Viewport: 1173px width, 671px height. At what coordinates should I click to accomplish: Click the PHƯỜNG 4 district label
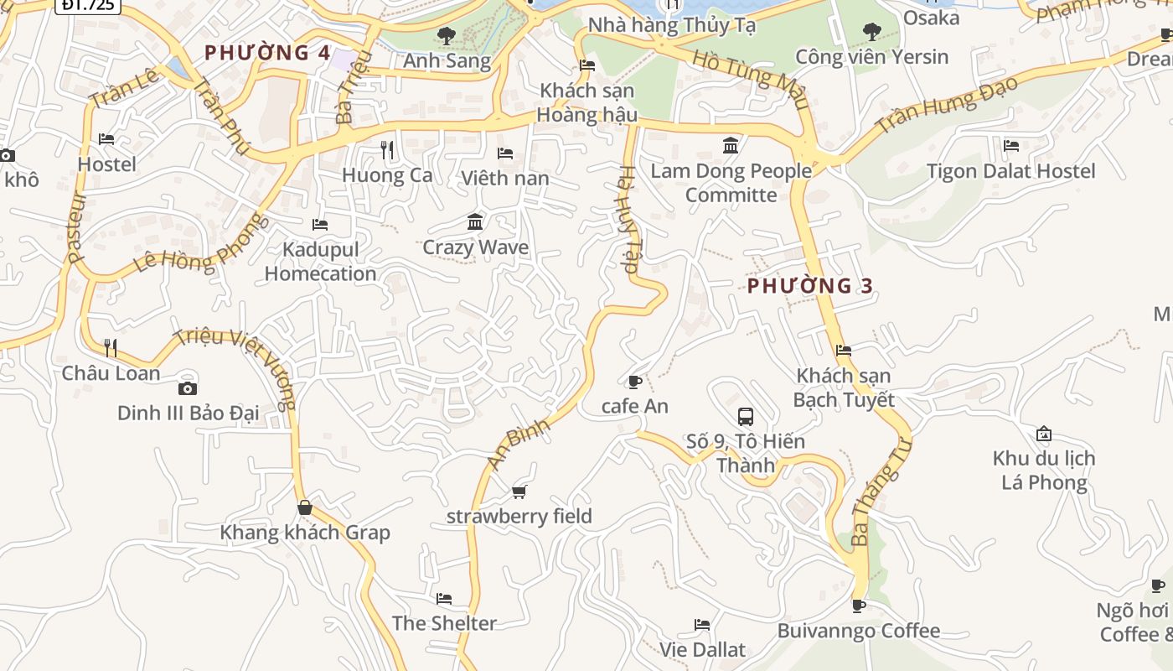point(267,53)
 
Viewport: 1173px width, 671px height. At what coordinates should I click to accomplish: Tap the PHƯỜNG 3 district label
point(810,286)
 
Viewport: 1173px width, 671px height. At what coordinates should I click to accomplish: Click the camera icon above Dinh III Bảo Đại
point(188,388)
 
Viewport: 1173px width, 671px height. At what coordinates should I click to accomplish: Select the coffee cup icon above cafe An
point(635,382)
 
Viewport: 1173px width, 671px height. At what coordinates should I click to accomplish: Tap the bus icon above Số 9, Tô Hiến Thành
point(746,416)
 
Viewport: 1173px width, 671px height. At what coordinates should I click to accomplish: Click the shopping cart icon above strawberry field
point(519,492)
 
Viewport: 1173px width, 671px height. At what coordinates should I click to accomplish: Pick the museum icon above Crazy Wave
point(475,222)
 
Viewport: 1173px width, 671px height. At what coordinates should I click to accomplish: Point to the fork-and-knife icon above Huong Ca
point(387,150)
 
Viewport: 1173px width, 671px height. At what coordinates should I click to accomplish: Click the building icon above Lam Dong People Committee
point(731,146)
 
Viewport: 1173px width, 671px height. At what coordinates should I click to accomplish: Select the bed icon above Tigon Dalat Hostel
point(1011,146)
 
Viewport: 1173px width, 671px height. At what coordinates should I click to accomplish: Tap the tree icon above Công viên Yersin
point(871,32)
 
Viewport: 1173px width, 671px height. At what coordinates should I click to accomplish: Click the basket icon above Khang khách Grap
point(305,507)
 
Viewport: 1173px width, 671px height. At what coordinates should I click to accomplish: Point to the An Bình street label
point(519,442)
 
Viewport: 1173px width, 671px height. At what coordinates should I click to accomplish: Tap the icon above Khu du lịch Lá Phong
point(1044,434)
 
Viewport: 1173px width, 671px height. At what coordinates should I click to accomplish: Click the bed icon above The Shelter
point(444,599)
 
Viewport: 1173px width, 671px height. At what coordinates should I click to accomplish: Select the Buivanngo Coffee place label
point(859,631)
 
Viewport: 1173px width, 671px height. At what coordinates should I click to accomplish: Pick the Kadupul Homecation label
point(321,262)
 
